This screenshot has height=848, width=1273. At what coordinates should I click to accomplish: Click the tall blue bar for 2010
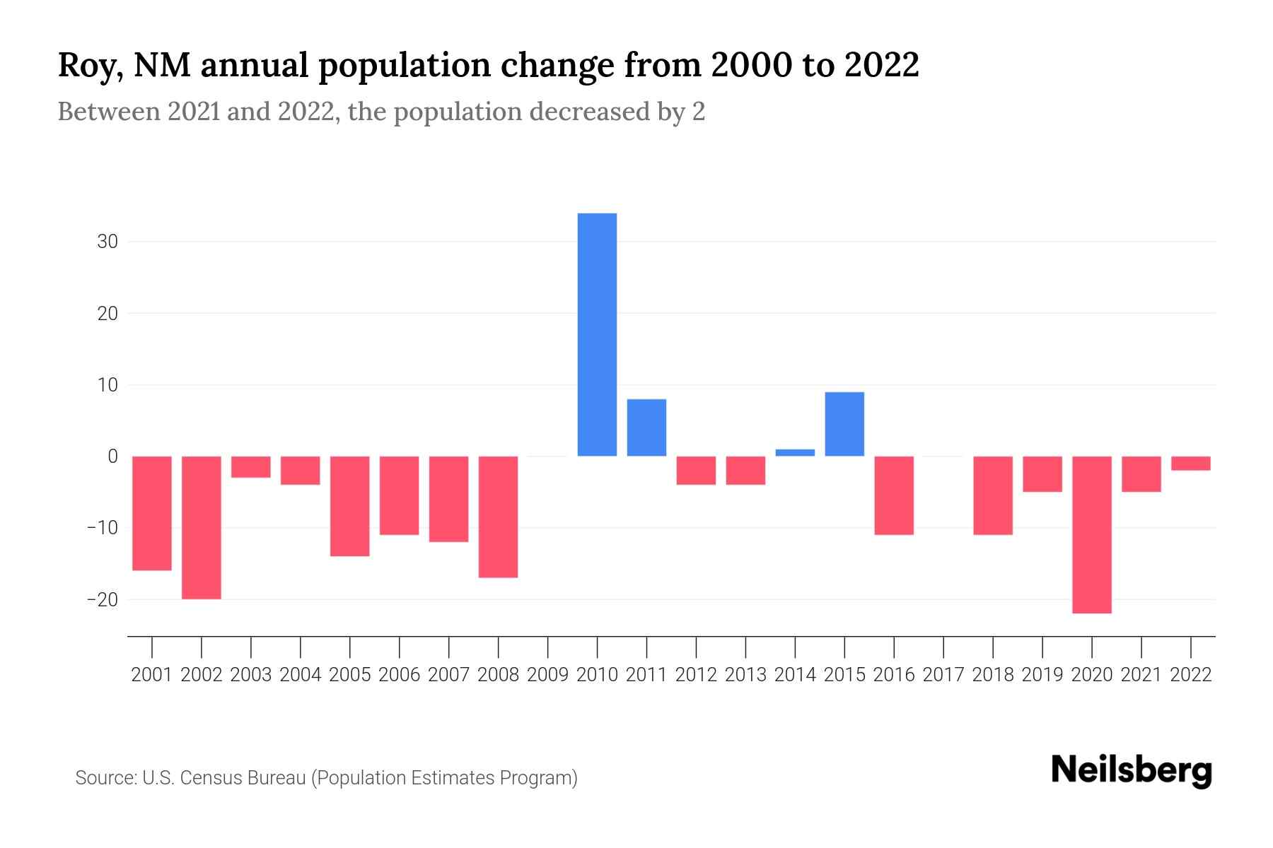pyautogui.click(x=597, y=334)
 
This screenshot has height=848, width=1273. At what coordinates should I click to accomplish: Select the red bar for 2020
pyautogui.click(x=1091, y=534)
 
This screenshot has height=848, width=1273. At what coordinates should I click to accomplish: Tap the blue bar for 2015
pyautogui.click(x=844, y=424)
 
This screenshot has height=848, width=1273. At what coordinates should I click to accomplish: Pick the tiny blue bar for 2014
pyautogui.click(x=795, y=452)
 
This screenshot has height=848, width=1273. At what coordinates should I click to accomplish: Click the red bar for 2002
pyautogui.click(x=202, y=527)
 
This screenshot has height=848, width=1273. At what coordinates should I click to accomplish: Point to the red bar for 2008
pyautogui.click(x=498, y=517)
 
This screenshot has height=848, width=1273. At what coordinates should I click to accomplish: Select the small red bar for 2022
pyautogui.click(x=1190, y=464)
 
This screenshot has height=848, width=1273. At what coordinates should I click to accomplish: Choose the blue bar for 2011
pyautogui.click(x=646, y=428)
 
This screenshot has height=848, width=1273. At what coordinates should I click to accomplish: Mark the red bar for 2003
pyautogui.click(x=251, y=467)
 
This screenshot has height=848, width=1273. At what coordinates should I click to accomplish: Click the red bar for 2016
pyautogui.click(x=894, y=495)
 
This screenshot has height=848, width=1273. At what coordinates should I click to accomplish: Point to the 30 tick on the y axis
pyautogui.click(x=107, y=242)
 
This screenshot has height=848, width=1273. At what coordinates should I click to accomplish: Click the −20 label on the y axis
pyautogui.click(x=103, y=600)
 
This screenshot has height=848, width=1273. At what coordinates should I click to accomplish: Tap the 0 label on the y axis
pyautogui.click(x=112, y=457)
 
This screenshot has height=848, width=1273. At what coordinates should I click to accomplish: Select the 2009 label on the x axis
pyautogui.click(x=547, y=675)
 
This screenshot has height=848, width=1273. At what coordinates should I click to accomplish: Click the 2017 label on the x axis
pyautogui.click(x=943, y=675)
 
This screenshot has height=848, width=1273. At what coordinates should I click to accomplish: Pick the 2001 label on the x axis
pyautogui.click(x=152, y=675)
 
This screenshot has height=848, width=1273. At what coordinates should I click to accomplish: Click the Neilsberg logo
pyautogui.click(x=1132, y=771)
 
